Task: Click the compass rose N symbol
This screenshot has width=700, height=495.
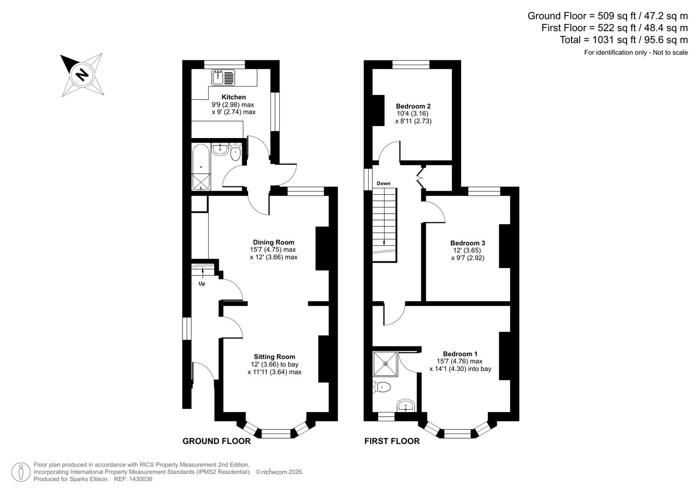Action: pyautogui.click(x=82, y=74)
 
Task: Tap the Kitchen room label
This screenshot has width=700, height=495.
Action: pyautogui.click(x=233, y=97)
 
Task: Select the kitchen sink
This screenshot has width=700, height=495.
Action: pyautogui.click(x=223, y=77)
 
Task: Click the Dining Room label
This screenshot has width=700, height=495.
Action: pyautogui.click(x=274, y=242)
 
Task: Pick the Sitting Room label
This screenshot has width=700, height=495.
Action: pyautogui.click(x=275, y=357)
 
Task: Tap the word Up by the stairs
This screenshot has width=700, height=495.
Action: pyautogui.click(x=202, y=284)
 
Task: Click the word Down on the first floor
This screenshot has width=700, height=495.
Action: pyautogui.click(x=384, y=183)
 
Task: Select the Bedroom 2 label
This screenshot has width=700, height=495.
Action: pyautogui.click(x=413, y=106)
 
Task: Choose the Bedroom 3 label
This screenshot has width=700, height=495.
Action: pyautogui.click(x=468, y=243)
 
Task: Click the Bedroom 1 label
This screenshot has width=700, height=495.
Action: pyautogui.click(x=460, y=354)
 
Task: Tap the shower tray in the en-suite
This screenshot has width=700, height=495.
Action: pyautogui.click(x=386, y=363)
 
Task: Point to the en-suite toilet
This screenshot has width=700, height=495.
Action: pyautogui.click(x=382, y=388)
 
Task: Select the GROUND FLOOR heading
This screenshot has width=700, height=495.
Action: pyautogui.click(x=216, y=441)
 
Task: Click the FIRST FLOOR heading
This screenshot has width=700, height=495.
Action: pyautogui.click(x=392, y=441)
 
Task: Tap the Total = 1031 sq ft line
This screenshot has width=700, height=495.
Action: pyautogui.click(x=623, y=40)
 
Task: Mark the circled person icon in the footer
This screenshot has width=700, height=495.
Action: pyautogui.click(x=21, y=472)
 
